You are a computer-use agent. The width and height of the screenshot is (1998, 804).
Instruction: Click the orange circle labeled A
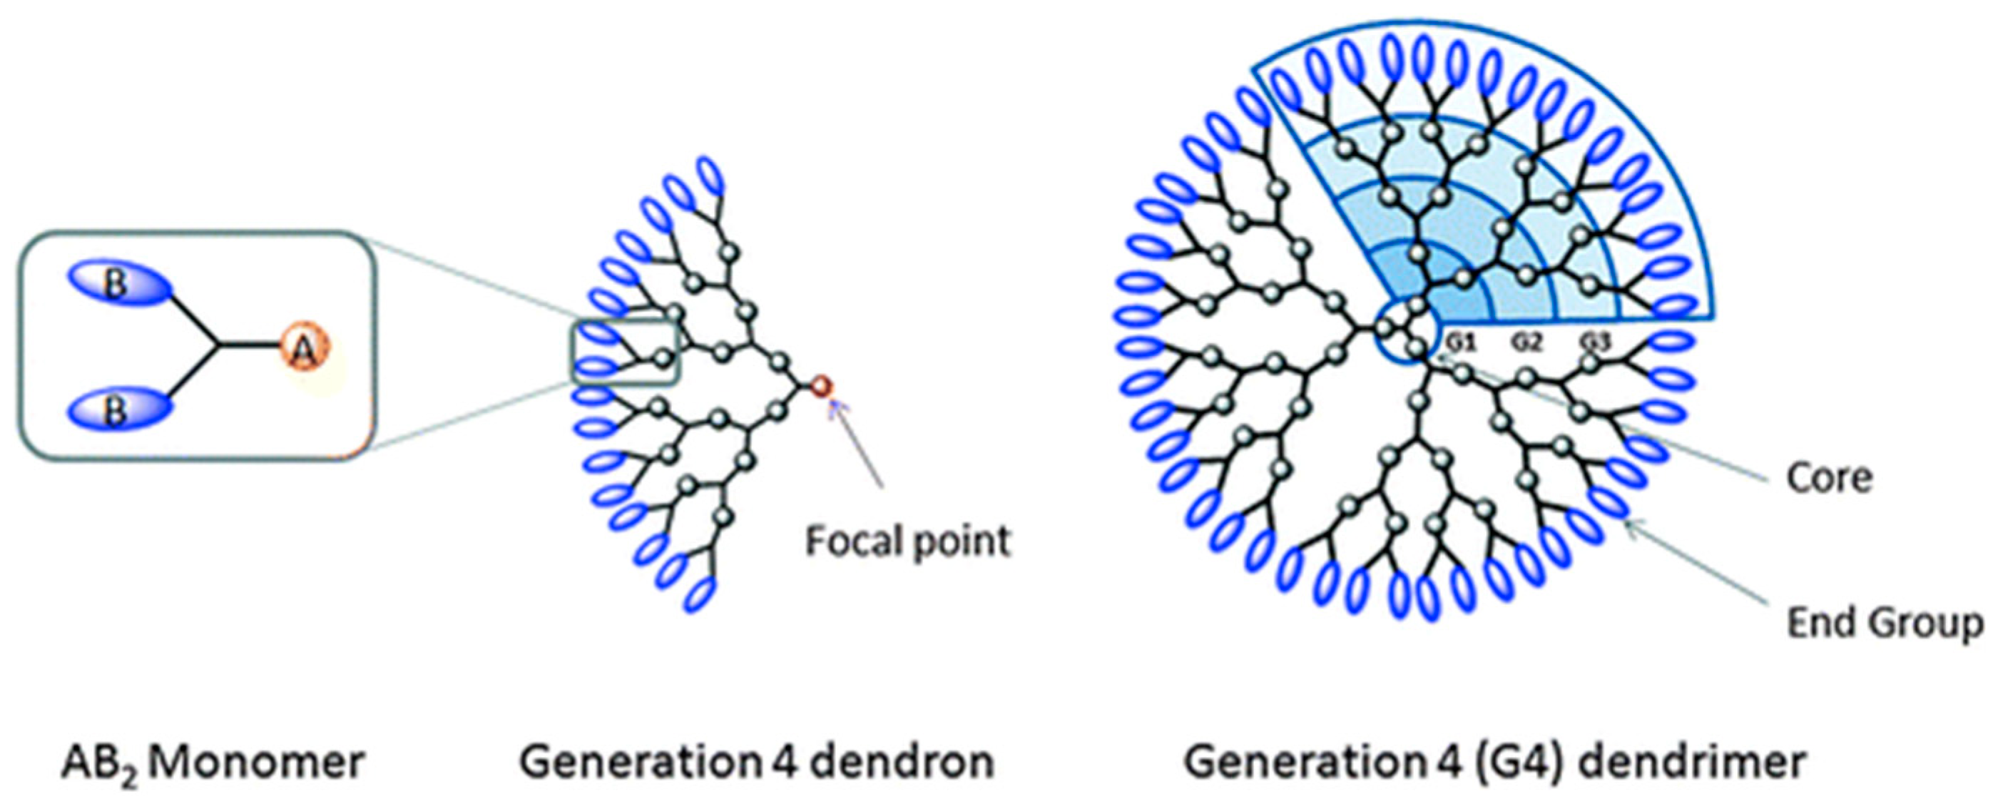303,351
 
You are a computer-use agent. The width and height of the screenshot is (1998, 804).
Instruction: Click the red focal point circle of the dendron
820,385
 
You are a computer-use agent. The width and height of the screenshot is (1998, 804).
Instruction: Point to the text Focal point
908,541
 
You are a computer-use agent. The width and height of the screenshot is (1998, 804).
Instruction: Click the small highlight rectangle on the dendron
625,352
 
